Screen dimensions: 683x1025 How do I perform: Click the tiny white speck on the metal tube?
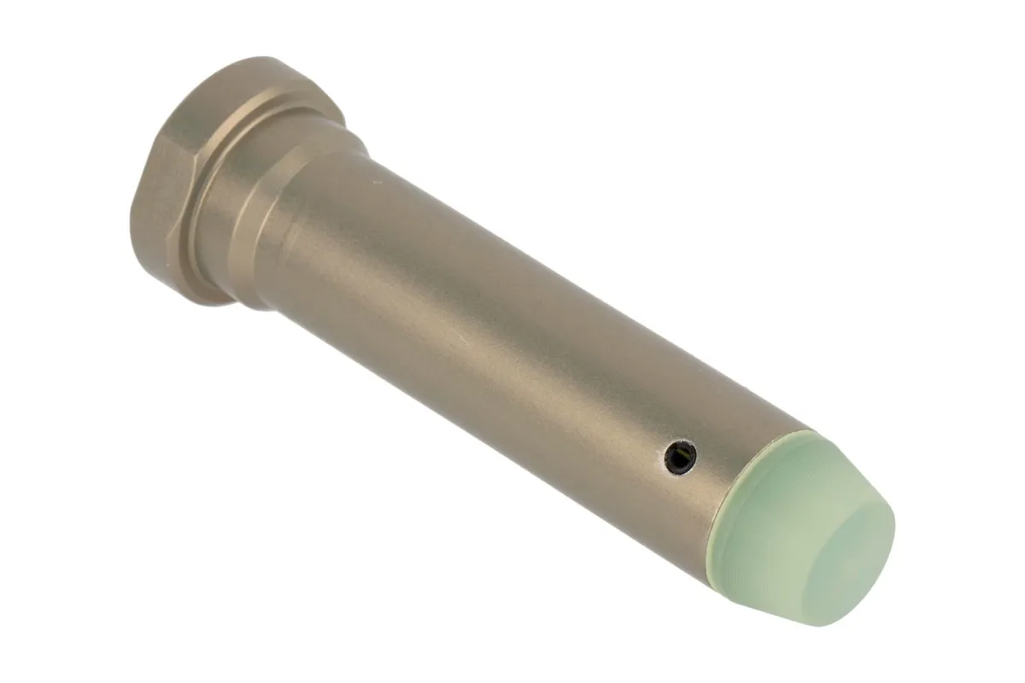point(373,181)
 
